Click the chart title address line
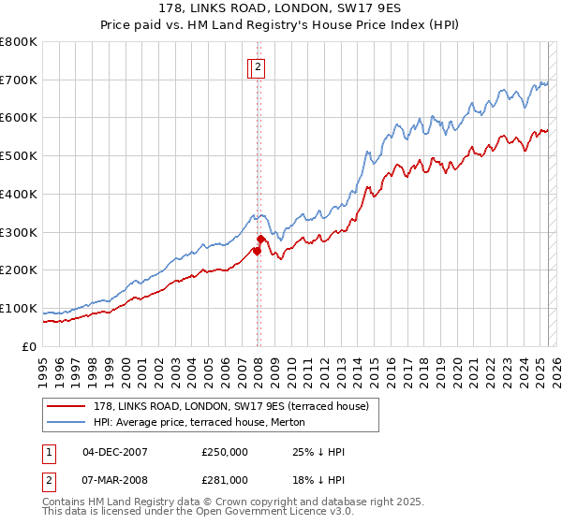tap(280, 8)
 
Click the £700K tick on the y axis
tap(19, 80)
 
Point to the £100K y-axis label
tap(19, 308)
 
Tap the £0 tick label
tap(30, 346)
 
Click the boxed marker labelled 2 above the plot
tap(258, 66)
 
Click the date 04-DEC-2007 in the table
tap(115, 452)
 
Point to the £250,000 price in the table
tap(225, 452)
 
